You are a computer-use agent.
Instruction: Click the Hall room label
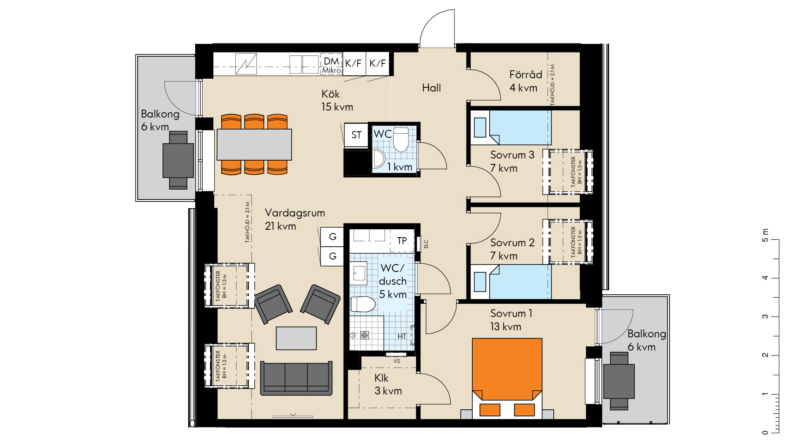click(431, 88)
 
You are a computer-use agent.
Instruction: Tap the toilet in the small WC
click(400, 139)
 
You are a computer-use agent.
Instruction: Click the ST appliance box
click(356, 135)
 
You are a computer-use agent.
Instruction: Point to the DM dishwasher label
click(331, 61)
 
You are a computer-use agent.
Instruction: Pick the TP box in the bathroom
click(402, 241)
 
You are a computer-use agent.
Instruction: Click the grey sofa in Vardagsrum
click(296, 378)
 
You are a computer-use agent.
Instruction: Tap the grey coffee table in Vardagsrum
click(296, 338)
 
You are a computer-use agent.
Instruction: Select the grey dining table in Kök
click(254, 144)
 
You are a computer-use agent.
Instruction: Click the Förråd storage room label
click(526, 74)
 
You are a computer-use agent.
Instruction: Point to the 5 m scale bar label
click(765, 235)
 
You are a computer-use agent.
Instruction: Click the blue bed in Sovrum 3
click(511, 127)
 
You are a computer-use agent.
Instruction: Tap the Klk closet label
click(381, 378)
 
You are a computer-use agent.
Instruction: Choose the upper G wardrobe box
click(332, 237)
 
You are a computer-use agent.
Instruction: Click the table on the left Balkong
click(178, 160)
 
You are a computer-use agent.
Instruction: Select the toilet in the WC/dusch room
click(363, 304)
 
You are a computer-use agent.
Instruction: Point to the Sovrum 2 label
click(512, 243)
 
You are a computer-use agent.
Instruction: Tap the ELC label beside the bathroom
click(426, 244)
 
